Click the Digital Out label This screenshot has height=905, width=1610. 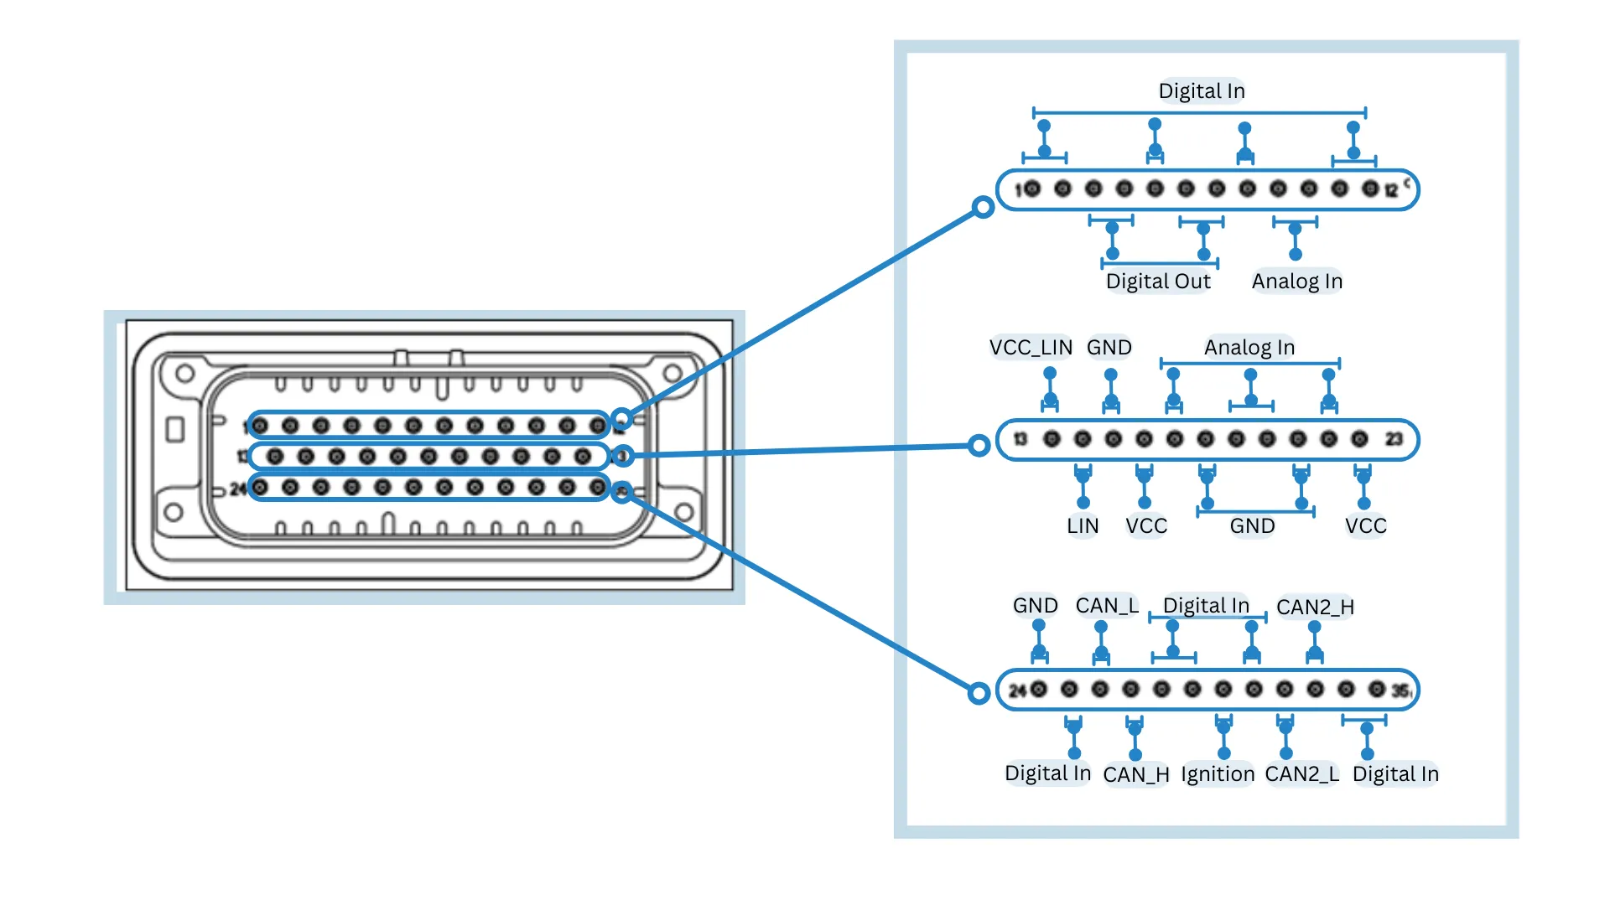(1158, 282)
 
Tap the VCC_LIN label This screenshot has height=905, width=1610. (1031, 348)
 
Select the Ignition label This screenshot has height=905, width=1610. (1218, 774)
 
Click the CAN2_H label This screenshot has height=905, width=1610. (1315, 608)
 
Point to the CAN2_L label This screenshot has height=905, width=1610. (1301, 774)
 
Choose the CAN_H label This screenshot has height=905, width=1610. (1136, 775)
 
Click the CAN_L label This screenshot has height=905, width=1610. (1107, 606)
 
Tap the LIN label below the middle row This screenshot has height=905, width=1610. (1083, 526)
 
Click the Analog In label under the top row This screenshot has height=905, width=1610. (1297, 282)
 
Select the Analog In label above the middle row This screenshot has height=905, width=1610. (1249, 348)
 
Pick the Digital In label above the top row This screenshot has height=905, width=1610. (1202, 91)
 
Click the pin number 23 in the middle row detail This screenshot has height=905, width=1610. (1394, 440)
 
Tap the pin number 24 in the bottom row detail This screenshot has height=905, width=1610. (1017, 690)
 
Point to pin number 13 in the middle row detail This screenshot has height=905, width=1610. (1021, 439)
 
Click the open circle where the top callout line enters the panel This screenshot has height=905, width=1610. (983, 207)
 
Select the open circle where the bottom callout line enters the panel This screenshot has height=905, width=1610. (979, 693)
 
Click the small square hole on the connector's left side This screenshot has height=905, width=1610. (175, 430)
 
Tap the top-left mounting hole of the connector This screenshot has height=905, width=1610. (185, 373)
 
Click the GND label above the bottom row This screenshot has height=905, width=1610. (1035, 606)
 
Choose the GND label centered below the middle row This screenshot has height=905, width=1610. (1252, 526)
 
